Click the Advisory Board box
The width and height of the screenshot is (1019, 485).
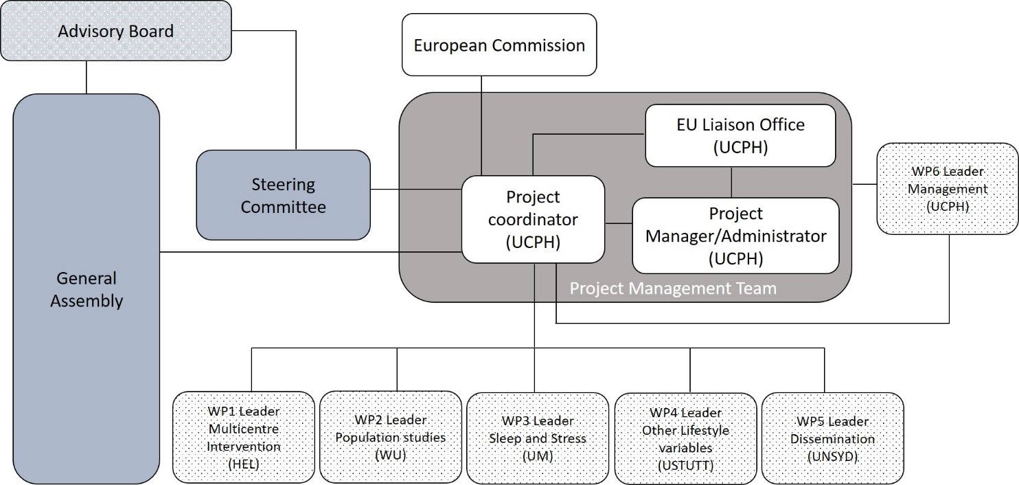click(115, 32)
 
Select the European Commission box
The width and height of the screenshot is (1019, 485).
click(499, 45)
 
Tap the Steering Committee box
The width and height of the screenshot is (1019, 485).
click(283, 195)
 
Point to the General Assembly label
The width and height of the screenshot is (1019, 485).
click(87, 289)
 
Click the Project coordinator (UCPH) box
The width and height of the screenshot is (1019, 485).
click(533, 219)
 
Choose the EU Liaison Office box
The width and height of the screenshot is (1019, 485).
click(740, 135)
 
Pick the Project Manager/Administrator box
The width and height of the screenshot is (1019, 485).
click(735, 236)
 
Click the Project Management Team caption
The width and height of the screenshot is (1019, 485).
click(673, 289)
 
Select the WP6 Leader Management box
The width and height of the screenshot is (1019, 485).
click(947, 188)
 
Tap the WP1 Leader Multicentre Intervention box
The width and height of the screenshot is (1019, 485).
click(244, 438)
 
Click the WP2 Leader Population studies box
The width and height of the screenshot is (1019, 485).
click(391, 438)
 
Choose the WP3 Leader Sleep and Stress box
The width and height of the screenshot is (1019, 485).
click(538, 438)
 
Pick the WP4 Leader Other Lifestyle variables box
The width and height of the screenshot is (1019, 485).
click(685, 438)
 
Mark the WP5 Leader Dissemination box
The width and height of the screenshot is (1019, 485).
click(832, 438)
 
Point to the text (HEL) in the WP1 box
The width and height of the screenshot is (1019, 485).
click(244, 464)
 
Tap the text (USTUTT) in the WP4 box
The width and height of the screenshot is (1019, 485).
click(685, 465)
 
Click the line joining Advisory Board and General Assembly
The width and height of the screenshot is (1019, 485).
click(87, 77)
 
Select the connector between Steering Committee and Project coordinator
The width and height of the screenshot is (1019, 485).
click(415, 190)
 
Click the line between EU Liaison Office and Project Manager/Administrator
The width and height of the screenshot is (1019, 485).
click(731, 182)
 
